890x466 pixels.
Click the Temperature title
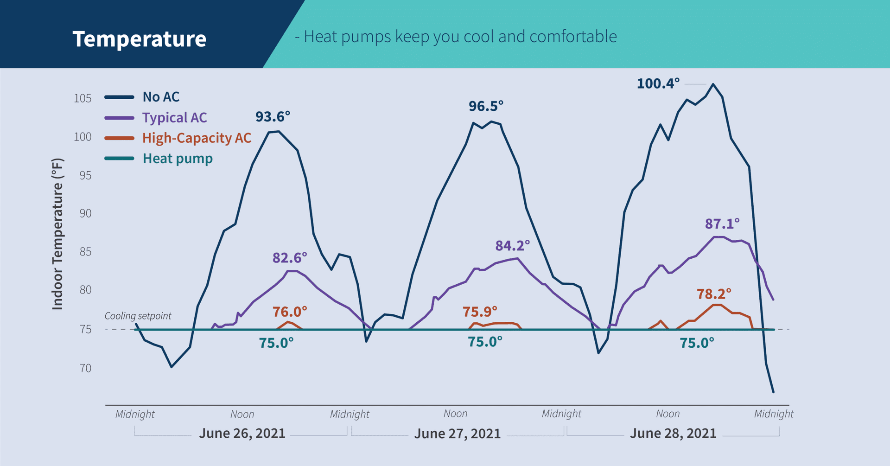[139, 39]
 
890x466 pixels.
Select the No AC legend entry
[160, 97]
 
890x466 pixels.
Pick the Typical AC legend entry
[174, 118]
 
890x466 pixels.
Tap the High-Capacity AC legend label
[197, 138]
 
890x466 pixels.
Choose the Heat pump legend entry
[178, 159]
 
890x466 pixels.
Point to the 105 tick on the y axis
[83, 98]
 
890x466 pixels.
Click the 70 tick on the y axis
[85, 368]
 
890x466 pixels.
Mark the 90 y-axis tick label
[85, 213]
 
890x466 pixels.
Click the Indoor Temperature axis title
[57, 234]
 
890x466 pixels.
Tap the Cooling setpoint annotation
[138, 316]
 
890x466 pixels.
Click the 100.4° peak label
[658, 84]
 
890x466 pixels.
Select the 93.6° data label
[273, 117]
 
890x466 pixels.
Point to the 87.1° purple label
[722, 224]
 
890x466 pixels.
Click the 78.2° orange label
[714, 294]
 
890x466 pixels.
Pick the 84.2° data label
[512, 246]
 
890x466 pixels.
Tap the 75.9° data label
[480, 312]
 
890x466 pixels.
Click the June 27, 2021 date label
[457, 434]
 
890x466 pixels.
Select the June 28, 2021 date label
[673, 434]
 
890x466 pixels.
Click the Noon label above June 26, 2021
[242, 414]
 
